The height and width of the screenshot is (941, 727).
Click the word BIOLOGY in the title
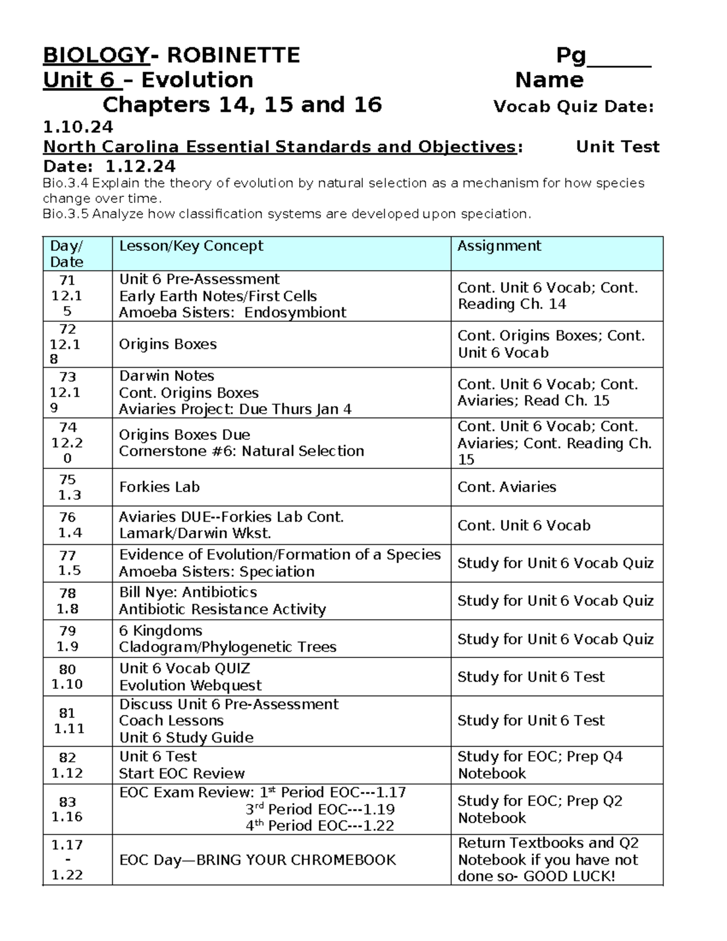pos(96,55)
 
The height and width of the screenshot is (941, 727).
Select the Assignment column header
pos(499,246)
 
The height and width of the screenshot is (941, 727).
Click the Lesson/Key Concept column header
pos(191,246)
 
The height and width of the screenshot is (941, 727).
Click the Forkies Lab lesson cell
pos(159,487)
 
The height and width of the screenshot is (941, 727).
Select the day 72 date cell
pos(67,344)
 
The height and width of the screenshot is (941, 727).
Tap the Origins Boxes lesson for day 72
pos(168,344)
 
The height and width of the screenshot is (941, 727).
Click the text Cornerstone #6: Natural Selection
pos(241,451)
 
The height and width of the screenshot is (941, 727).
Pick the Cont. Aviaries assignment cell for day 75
pos(506,487)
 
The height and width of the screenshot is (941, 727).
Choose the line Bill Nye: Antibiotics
pos(188,593)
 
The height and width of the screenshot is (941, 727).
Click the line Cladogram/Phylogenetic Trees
pos(227,647)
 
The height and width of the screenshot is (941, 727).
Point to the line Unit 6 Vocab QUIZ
pos(184,668)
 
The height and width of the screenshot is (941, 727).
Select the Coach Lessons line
pos(171,720)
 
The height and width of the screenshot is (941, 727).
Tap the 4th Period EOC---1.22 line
pos(320,826)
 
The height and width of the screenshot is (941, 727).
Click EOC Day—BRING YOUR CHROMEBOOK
pos(257,860)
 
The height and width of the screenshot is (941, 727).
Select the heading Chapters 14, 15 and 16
pos(242,105)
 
